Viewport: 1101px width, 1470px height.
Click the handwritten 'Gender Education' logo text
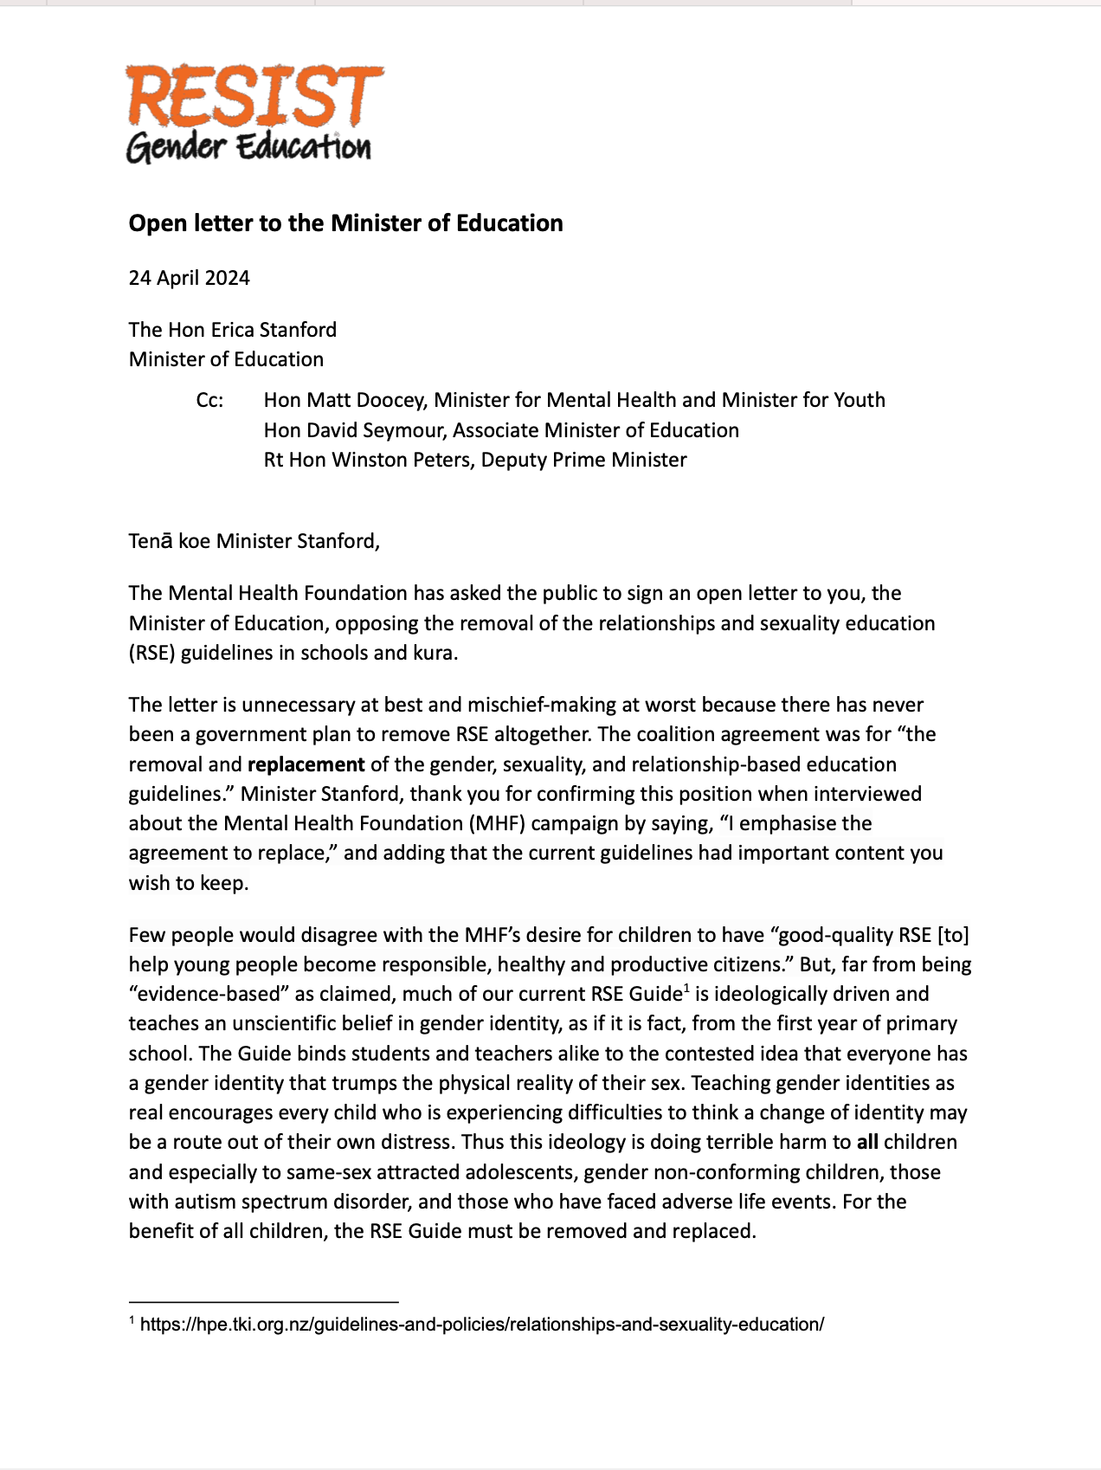coord(248,147)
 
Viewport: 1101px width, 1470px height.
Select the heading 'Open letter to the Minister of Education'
coord(345,223)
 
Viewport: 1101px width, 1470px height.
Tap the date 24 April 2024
coord(189,278)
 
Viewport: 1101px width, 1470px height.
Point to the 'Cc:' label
coord(209,400)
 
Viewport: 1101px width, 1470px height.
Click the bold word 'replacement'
coord(306,764)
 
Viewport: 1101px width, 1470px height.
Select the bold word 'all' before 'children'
coord(867,1142)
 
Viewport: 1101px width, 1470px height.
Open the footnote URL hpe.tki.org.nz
coord(481,1325)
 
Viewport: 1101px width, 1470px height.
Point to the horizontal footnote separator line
coord(263,1301)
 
